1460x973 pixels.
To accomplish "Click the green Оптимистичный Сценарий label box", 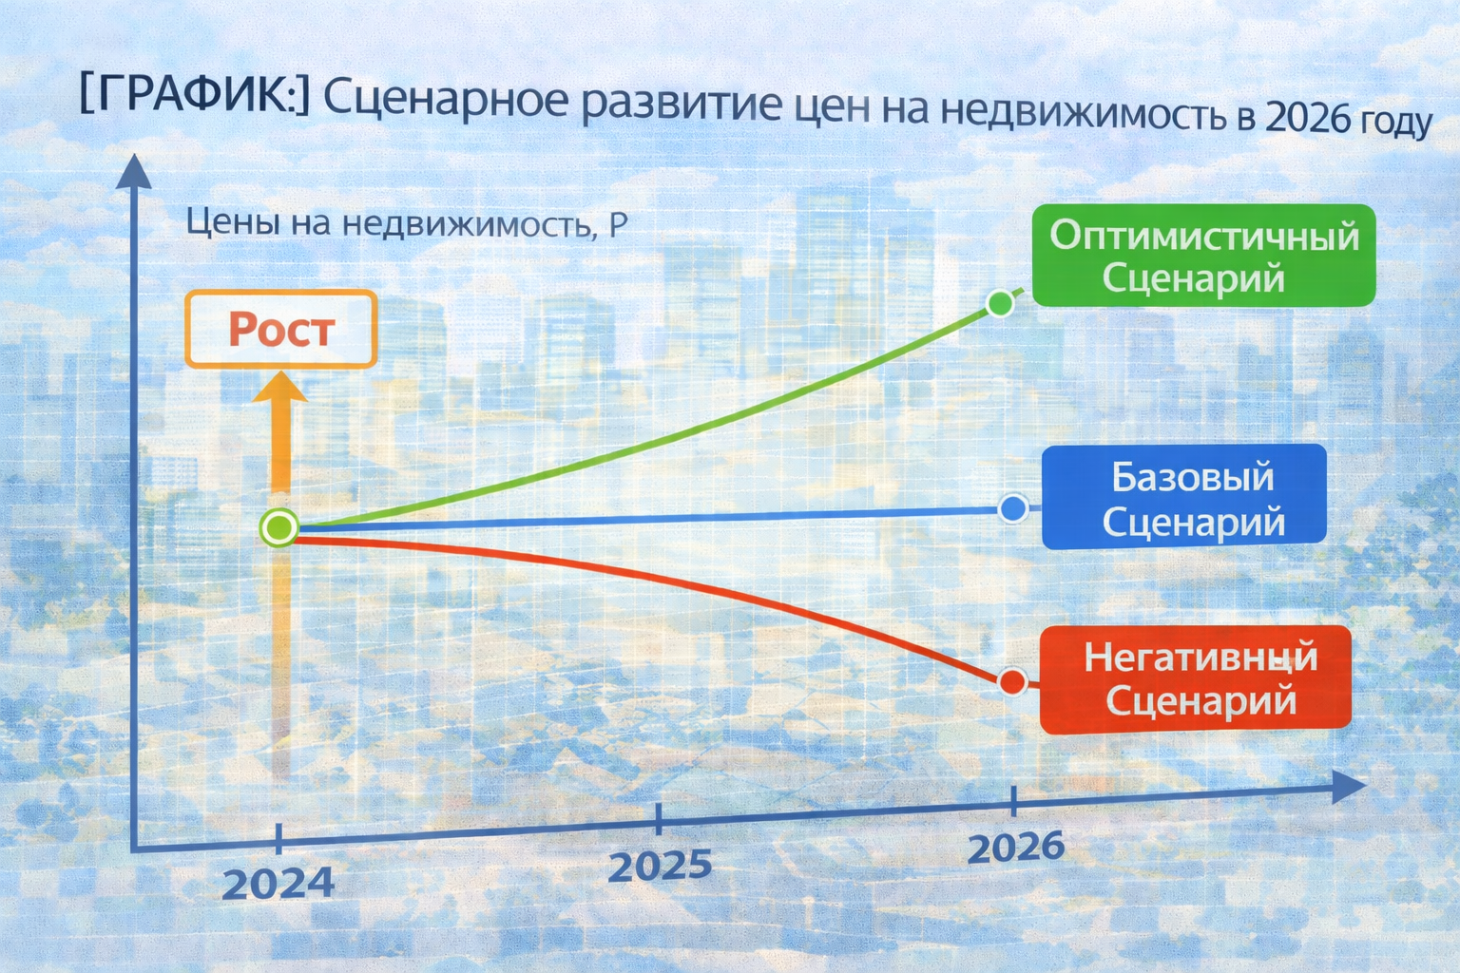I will pos(1203,256).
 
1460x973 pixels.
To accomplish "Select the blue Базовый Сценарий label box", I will pos(1184,497).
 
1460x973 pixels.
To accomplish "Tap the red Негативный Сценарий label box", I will pos(1196,679).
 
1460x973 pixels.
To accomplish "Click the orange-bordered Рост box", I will pos(281,329).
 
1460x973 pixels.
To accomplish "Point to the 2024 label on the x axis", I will pos(278,883).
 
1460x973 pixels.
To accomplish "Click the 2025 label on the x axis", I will pos(660,866).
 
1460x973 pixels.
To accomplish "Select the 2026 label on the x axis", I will pos(1015,846).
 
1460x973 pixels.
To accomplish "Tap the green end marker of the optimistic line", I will pos(1000,303).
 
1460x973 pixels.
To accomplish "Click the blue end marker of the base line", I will pos(1013,508).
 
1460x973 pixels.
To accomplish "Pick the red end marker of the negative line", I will pos(1013,680).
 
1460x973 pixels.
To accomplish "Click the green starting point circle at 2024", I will pos(279,526).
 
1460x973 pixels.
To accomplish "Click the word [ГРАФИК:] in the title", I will pos(194,96).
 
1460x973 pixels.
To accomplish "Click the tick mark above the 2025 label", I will pos(659,817).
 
